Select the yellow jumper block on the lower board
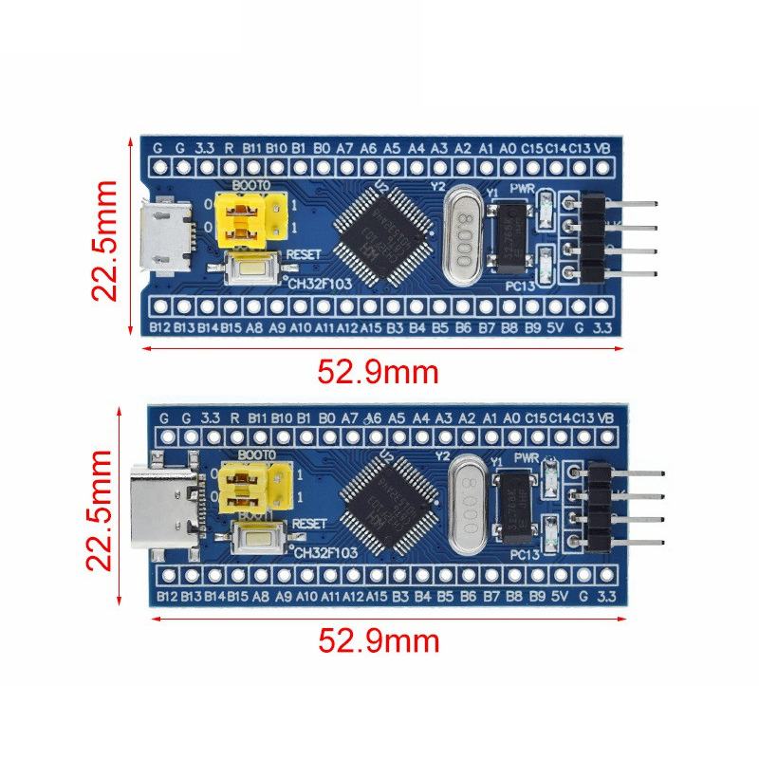(x=253, y=486)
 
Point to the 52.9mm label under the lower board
(x=378, y=642)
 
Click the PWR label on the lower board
(x=525, y=458)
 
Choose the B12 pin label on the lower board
(x=168, y=596)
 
